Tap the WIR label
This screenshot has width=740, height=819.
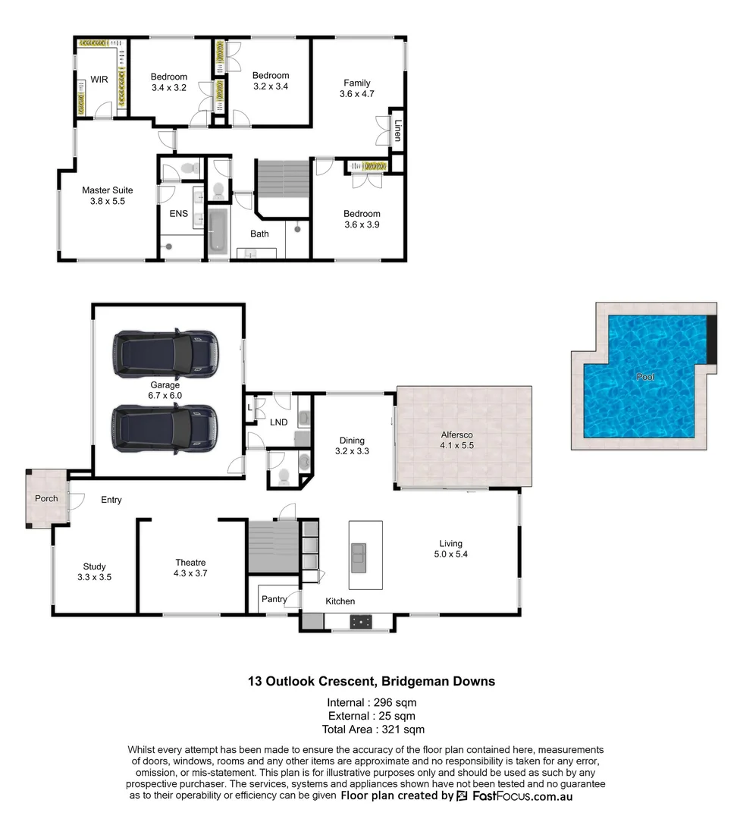[x=99, y=79]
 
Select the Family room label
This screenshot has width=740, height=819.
[x=357, y=83]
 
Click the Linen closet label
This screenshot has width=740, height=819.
[x=397, y=130]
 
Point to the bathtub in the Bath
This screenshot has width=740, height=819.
[x=218, y=230]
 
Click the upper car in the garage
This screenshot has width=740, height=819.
[x=165, y=353]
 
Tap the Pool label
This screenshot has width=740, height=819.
[x=645, y=376]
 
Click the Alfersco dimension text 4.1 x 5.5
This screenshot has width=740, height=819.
[x=457, y=446]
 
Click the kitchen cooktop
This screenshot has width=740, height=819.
[x=362, y=622]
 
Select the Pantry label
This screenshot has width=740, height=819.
[x=274, y=599]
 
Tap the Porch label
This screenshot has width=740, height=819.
[x=46, y=498]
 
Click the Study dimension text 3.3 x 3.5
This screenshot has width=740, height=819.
[x=95, y=577]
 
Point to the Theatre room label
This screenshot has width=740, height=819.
[x=190, y=563]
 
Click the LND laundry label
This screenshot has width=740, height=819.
[x=279, y=422]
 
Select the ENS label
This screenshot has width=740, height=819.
[x=179, y=215]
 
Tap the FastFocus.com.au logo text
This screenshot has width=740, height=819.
[x=523, y=795]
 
